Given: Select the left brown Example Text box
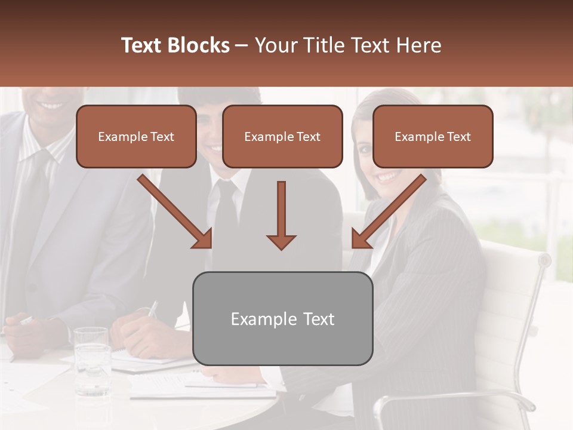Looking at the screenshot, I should [136, 136].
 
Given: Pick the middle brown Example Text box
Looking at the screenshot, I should [282, 136].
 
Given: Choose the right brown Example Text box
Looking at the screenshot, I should [433, 136].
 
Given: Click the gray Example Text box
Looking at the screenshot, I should [282, 318].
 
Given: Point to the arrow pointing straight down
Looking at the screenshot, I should [281, 215].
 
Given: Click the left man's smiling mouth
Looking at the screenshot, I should [51, 105].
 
